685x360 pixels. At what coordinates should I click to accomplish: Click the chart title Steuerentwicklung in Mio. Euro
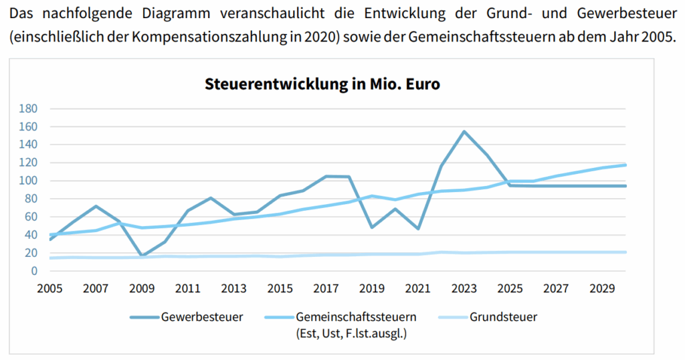[322, 84]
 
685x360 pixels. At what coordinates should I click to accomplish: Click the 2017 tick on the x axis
[326, 288]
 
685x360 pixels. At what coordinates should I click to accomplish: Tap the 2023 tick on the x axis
[464, 288]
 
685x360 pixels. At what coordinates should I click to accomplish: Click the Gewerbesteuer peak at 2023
[464, 131]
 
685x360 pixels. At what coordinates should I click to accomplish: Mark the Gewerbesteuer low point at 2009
[141, 256]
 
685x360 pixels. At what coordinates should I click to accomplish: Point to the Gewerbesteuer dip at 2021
[418, 229]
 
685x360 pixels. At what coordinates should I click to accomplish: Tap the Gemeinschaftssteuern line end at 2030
[625, 165]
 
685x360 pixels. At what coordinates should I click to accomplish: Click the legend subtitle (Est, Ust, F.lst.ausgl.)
[352, 333]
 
